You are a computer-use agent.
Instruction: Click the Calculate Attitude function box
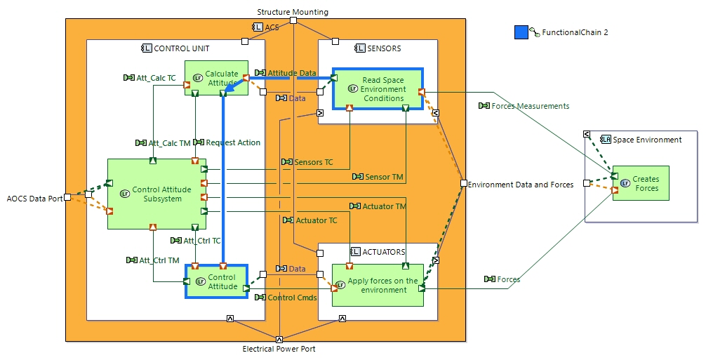pyautogui.click(x=216, y=78)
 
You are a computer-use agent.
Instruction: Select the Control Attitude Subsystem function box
pyautogui.click(x=156, y=194)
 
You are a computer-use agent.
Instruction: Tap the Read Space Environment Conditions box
pyautogui.click(x=378, y=89)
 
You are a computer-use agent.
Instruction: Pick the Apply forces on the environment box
pyautogui.click(x=378, y=285)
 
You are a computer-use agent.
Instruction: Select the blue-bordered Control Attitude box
pyautogui.click(x=216, y=281)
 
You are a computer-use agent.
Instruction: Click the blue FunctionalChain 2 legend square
pyautogui.click(x=521, y=32)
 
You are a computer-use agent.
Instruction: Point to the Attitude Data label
pyautogui.click(x=291, y=73)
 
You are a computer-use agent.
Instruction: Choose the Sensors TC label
pyautogui.click(x=313, y=162)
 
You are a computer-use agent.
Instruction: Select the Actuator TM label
pyautogui.click(x=384, y=206)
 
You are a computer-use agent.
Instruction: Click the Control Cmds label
pyautogui.click(x=292, y=298)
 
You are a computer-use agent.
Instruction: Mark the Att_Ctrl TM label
pyautogui.click(x=159, y=260)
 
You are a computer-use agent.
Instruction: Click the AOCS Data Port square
pyautogui.click(x=67, y=198)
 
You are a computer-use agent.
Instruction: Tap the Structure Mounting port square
pyautogui.click(x=293, y=20)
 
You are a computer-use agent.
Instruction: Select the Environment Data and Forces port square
pyautogui.click(x=463, y=184)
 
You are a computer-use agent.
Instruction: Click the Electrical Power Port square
pyautogui.click(x=279, y=340)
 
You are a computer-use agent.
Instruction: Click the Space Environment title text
pyautogui.click(x=647, y=140)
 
